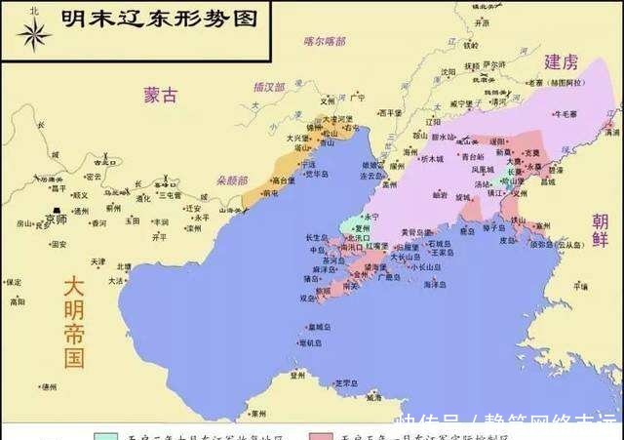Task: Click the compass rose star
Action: [x=33, y=35]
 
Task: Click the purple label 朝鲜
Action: [x=600, y=234]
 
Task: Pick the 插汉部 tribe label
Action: [x=267, y=87]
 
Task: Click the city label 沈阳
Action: [x=448, y=71]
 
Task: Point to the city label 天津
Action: [x=97, y=261]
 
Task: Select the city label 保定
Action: [x=13, y=282]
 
